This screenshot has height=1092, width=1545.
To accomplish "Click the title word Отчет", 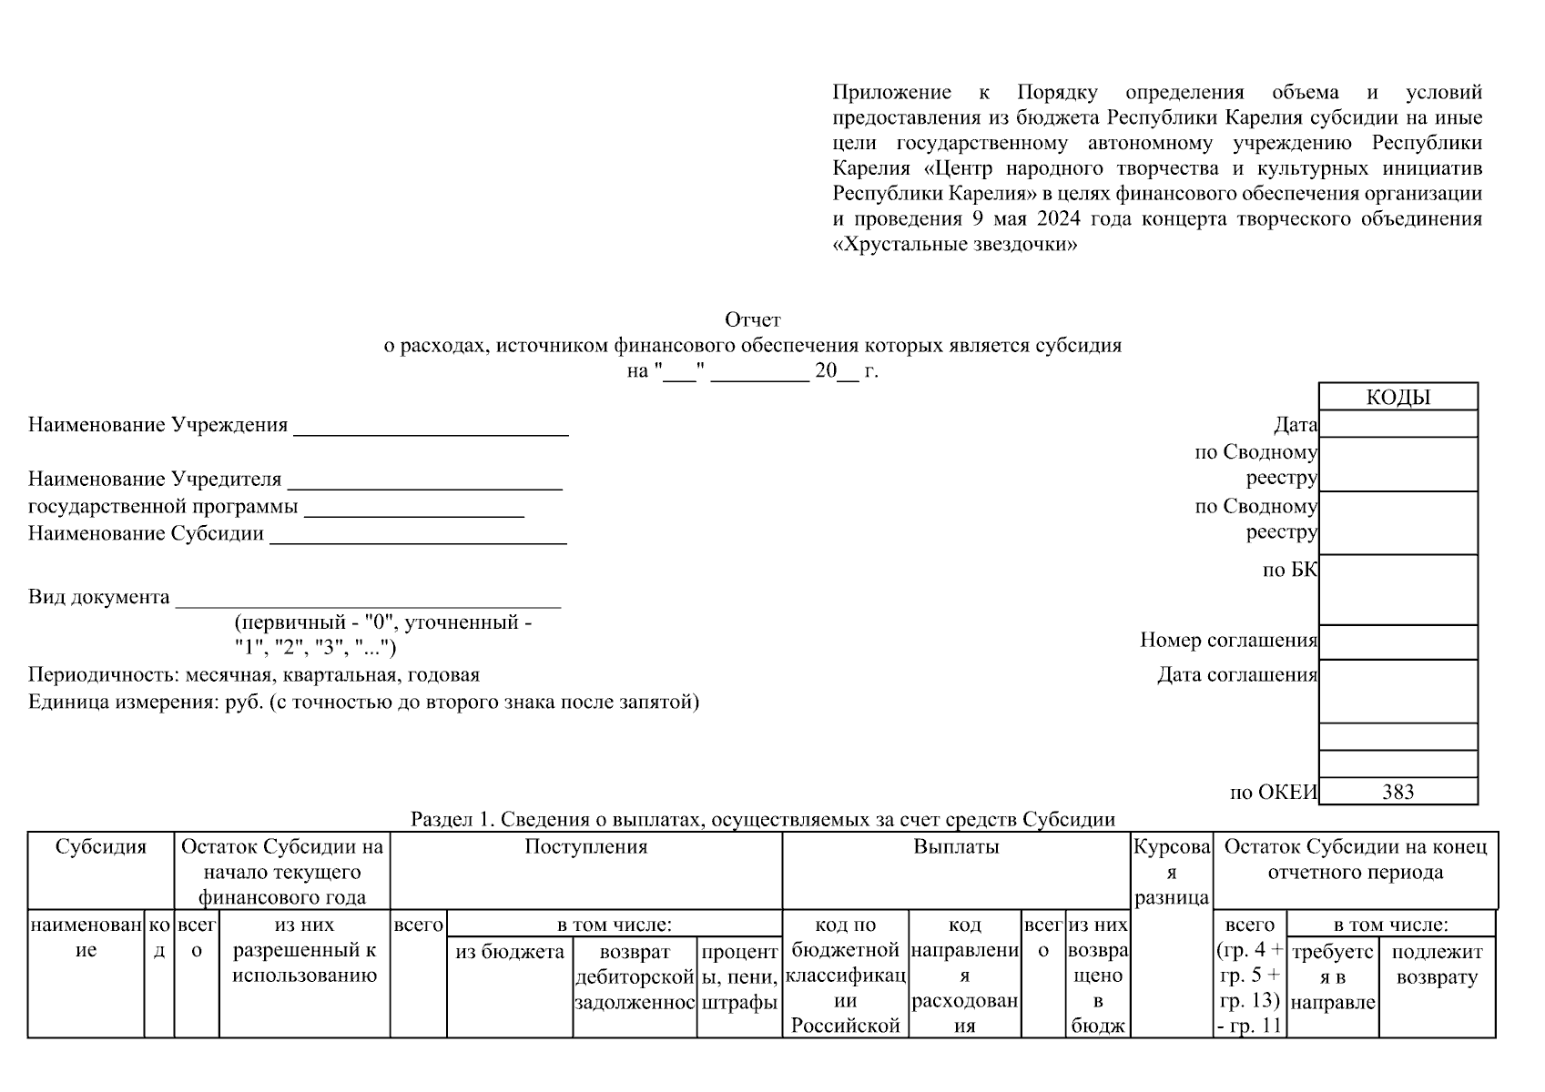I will pos(752,319).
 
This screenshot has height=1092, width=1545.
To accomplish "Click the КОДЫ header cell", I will pos(1398,397).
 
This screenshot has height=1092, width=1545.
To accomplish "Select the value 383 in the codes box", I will pos(1398,792).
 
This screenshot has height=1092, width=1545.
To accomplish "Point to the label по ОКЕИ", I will pos(1273,792).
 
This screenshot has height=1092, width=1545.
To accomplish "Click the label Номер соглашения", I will pos(1228,640).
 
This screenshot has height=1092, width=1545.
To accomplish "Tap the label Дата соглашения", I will pos(1236,674).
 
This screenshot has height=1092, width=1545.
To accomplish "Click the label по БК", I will pos(1289,570).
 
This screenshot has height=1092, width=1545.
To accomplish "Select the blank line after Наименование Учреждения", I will pos(431,428).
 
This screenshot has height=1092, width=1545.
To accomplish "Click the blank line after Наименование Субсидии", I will pos(418,537).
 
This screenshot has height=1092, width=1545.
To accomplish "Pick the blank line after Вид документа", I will pos(368,601).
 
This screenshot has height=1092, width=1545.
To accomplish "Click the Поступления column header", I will pos(585,846).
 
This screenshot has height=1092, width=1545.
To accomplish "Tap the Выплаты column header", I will pos(956,846).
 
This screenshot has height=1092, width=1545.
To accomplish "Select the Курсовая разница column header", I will pos(1171,872).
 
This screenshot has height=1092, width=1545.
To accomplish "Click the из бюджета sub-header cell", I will pos(509,952).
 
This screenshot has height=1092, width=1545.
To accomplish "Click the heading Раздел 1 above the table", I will pos(762,819).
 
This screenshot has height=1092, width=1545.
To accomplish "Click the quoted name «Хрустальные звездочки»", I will pos(955,245).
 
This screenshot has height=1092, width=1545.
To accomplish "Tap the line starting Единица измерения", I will pos(363,702).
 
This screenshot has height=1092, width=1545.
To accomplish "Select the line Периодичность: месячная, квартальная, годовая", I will pos(253,674).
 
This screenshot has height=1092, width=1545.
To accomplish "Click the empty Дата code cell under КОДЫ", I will pos(1398,424).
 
